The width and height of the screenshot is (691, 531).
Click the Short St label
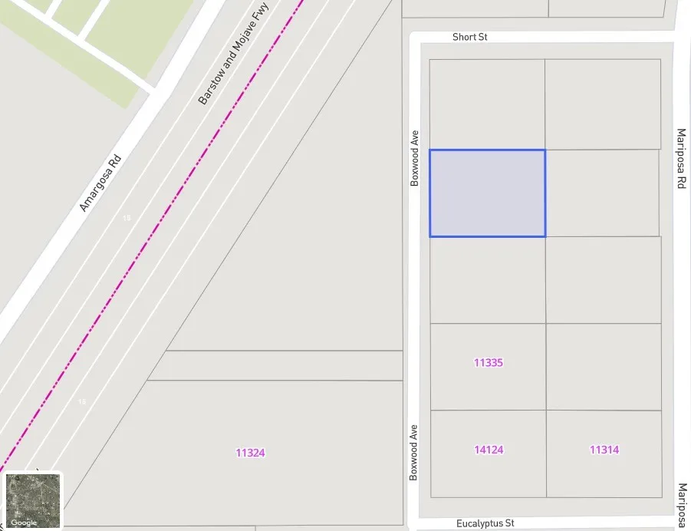point(469,37)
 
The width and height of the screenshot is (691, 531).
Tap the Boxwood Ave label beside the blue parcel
point(415,157)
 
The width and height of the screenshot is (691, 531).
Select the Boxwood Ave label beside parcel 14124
point(414,452)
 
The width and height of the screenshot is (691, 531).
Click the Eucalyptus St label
point(485,523)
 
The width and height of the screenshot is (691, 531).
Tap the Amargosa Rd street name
point(100,183)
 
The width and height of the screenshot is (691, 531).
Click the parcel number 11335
point(488,363)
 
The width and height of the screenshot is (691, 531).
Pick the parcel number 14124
point(489,450)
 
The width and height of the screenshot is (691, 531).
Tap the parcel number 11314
point(604,450)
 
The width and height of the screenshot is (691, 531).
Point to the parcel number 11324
point(250,453)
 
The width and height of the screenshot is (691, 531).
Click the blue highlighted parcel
point(487,193)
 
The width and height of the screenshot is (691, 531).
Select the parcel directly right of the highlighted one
point(602,193)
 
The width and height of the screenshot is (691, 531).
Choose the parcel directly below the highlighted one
point(488,280)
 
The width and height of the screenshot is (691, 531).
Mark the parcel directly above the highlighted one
point(487,104)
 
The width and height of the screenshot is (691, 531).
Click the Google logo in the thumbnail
point(24,523)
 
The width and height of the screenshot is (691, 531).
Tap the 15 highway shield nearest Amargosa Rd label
point(127,219)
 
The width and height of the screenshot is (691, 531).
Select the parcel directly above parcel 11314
point(604,367)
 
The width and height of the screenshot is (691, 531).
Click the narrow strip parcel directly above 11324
point(276,365)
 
